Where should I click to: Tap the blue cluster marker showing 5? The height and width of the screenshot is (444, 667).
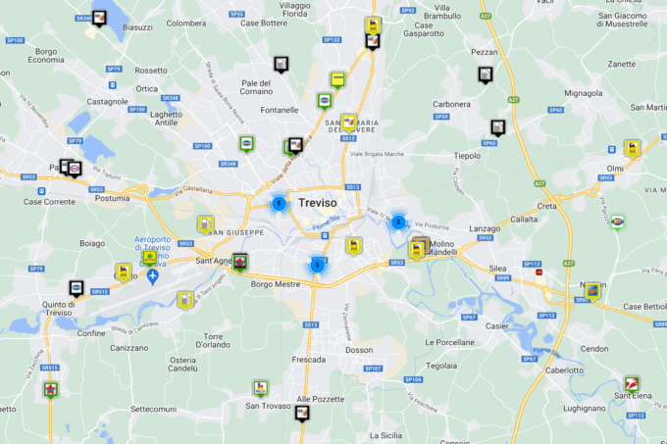(280, 204)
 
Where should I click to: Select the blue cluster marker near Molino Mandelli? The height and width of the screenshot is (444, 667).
(397, 222)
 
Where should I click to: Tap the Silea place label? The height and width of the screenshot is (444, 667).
(499, 266)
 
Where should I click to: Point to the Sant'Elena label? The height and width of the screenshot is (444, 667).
(635, 396)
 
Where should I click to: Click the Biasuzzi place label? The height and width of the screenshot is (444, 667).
(133, 27)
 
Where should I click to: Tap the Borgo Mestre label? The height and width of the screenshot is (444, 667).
(275, 284)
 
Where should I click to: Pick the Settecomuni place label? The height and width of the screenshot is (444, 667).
(152, 408)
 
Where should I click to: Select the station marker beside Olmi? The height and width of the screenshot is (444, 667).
(633, 148)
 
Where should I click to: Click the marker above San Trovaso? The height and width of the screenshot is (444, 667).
(260, 388)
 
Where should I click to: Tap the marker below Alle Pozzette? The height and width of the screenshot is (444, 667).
(303, 414)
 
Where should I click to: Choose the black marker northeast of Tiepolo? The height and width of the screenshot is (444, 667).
(498, 127)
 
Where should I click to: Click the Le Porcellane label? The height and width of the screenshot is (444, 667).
(449, 342)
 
